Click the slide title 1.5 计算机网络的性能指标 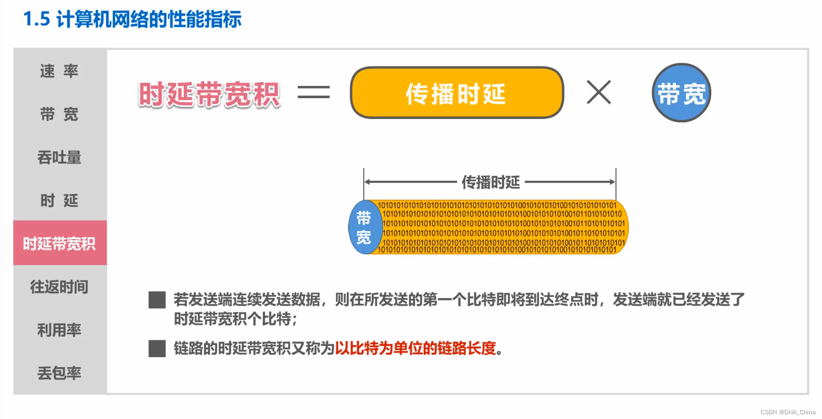pyautogui.click(x=132, y=19)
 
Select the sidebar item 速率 pyautogui.click(x=60, y=71)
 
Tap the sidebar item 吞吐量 pyautogui.click(x=60, y=158)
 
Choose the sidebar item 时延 pyautogui.click(x=60, y=201)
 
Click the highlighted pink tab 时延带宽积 pyautogui.click(x=60, y=243)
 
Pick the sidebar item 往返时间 pyautogui.click(x=60, y=287)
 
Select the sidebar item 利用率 pyautogui.click(x=60, y=330)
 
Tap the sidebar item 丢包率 pyautogui.click(x=60, y=373)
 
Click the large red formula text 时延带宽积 pyautogui.click(x=209, y=95)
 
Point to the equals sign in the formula pyautogui.click(x=313, y=92)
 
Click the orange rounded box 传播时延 pyautogui.click(x=456, y=93)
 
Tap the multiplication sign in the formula pyautogui.click(x=599, y=92)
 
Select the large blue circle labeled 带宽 pyautogui.click(x=681, y=93)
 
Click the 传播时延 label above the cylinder pyautogui.click(x=491, y=183)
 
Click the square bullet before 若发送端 pyautogui.click(x=157, y=300)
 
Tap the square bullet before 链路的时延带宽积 pyautogui.click(x=157, y=348)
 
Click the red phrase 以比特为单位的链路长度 pyautogui.click(x=415, y=348)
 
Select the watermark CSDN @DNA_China pyautogui.click(x=788, y=412)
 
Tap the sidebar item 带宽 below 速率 pyautogui.click(x=60, y=114)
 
